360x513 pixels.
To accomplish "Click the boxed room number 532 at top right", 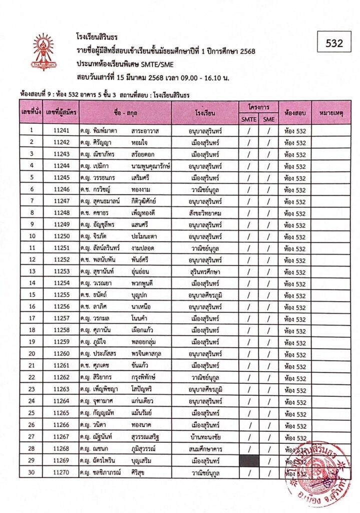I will pyautogui.click(x=334, y=43).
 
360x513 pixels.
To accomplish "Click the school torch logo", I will pyautogui.click(x=44, y=51).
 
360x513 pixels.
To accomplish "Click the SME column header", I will pyautogui.click(x=268, y=119).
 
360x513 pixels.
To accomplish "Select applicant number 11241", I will pyautogui.click(x=60, y=131).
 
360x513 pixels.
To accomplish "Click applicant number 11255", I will pyautogui.click(x=60, y=296).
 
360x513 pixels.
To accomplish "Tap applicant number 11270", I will pyautogui.click(x=60, y=472).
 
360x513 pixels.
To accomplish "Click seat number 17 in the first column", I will pyautogui.click(x=31, y=319).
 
